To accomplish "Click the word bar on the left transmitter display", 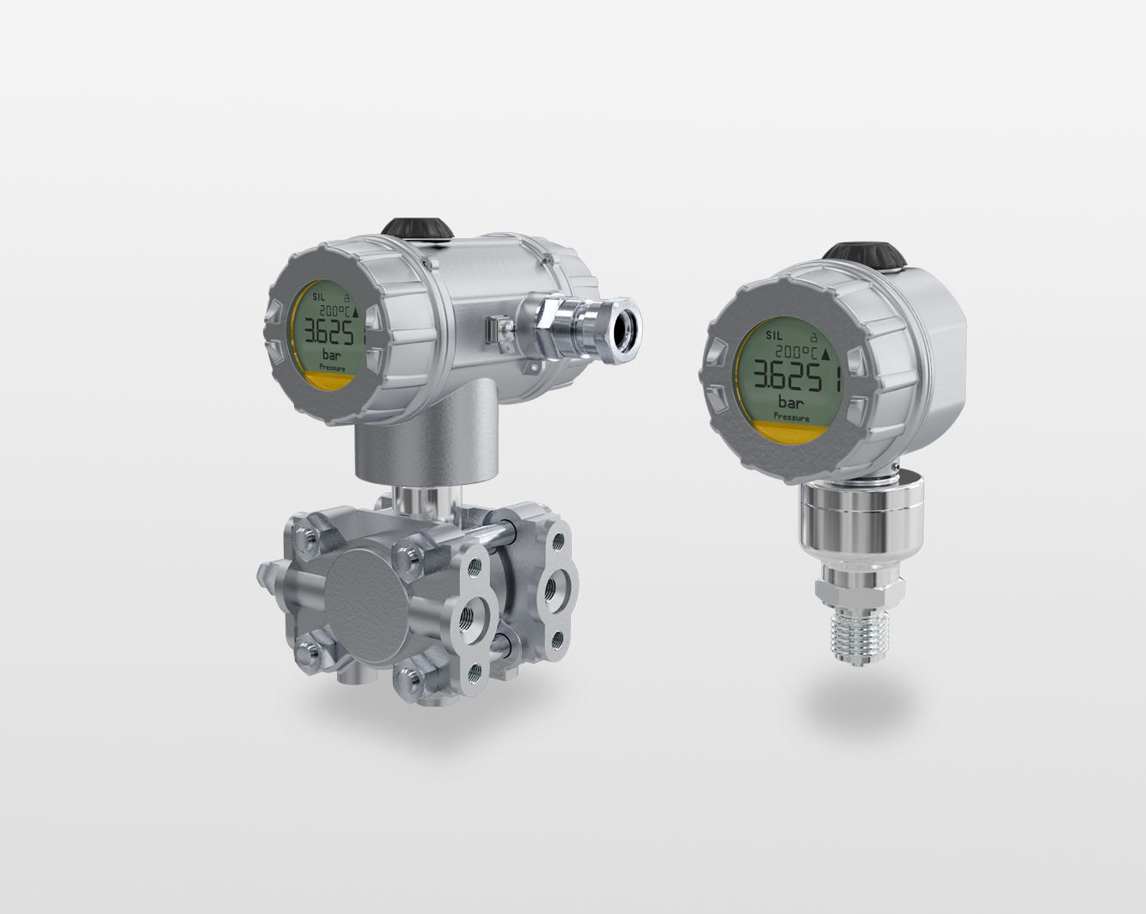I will pos(330,353).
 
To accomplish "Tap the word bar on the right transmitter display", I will pos(790,402).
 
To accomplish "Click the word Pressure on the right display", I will pos(791,417).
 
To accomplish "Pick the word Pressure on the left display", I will pos(332,367).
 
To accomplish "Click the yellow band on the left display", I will pos(322,380).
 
